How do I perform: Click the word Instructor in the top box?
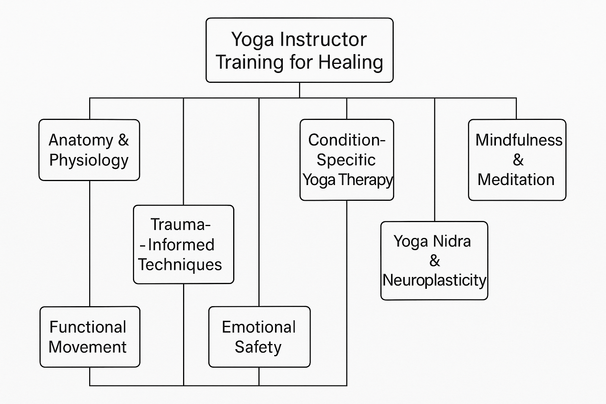(324, 39)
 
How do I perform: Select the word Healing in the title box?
(351, 62)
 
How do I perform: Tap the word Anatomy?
(81, 140)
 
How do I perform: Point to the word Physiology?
(89, 161)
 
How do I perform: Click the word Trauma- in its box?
(180, 224)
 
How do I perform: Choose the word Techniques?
(180, 264)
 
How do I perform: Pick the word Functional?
(88, 327)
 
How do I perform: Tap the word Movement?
(88, 347)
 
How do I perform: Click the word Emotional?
(259, 327)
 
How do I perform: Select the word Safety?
(258, 347)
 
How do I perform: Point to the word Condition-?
(346, 140)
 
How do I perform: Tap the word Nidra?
(451, 241)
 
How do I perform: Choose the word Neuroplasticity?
(434, 280)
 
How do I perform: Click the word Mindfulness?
(518, 140)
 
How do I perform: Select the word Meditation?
(516, 180)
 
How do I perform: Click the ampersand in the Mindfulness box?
(518, 160)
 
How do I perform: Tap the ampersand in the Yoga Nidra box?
(434, 261)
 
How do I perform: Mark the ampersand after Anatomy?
(123, 140)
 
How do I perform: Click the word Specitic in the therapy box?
(346, 160)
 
